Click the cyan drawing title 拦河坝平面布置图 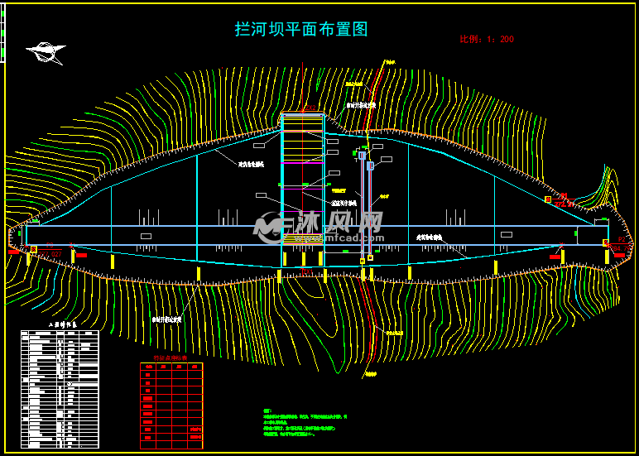click(x=301, y=30)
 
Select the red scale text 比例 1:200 click(x=487, y=39)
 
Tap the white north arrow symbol click(x=46, y=53)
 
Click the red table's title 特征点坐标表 click(x=171, y=358)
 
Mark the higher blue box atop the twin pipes click(x=362, y=155)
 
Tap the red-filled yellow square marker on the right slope click(x=548, y=199)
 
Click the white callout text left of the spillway click(x=251, y=165)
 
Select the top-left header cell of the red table click(x=147, y=366)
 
